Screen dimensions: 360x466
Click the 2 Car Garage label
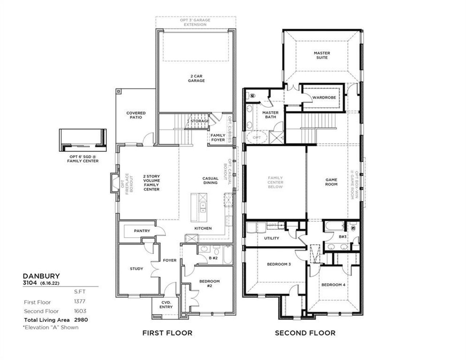point(196,78)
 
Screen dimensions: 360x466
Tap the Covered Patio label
point(136,115)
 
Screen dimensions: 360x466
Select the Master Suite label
point(322,55)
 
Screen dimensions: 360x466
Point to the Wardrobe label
point(324,97)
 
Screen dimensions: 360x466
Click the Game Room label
point(331,182)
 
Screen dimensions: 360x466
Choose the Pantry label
point(142,231)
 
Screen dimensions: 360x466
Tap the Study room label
point(137,269)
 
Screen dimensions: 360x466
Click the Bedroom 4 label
point(333,285)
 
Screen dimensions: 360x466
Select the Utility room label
point(271,238)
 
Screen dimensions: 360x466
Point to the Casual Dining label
point(210,180)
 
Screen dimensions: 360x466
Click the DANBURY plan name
point(36,276)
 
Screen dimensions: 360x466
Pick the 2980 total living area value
point(81,320)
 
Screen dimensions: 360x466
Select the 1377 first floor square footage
point(80,302)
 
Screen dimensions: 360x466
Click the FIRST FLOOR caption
point(167,333)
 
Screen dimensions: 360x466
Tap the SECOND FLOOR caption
point(305,333)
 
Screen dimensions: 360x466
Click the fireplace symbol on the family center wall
point(114,182)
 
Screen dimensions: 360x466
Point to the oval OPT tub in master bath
point(257,138)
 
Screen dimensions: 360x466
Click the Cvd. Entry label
point(166,304)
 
